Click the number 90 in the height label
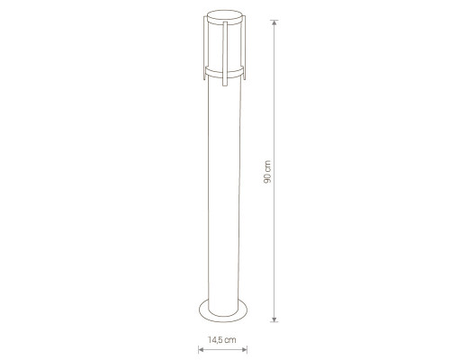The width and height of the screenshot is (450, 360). coord(267,177)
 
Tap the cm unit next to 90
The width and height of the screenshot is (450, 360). coord(267,166)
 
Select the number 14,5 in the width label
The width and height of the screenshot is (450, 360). coord(215,340)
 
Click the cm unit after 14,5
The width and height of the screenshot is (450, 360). coord(230,340)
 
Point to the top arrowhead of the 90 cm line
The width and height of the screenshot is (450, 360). coord(274,22)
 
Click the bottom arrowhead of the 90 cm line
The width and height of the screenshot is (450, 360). coord(274,319)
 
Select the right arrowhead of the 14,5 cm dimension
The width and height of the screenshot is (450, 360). coord(244,349)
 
